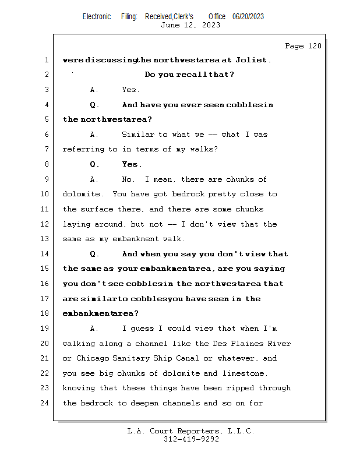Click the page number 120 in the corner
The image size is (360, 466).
[x=315, y=46]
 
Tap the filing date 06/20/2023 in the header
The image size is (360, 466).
[x=248, y=16]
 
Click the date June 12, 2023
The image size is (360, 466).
[x=190, y=25]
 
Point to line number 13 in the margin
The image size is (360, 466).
[x=44, y=239]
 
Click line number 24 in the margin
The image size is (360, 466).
[x=44, y=403]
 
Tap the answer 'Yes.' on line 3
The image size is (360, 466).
[x=130, y=90]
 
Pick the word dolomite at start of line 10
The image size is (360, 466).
[x=81, y=194]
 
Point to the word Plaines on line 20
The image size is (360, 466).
[x=247, y=344]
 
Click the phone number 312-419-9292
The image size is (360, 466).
[x=191, y=439]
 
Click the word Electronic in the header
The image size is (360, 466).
[x=97, y=16]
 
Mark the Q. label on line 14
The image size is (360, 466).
[x=94, y=254]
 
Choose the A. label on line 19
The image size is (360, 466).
[x=94, y=329]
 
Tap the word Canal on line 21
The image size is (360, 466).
[x=187, y=358]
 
